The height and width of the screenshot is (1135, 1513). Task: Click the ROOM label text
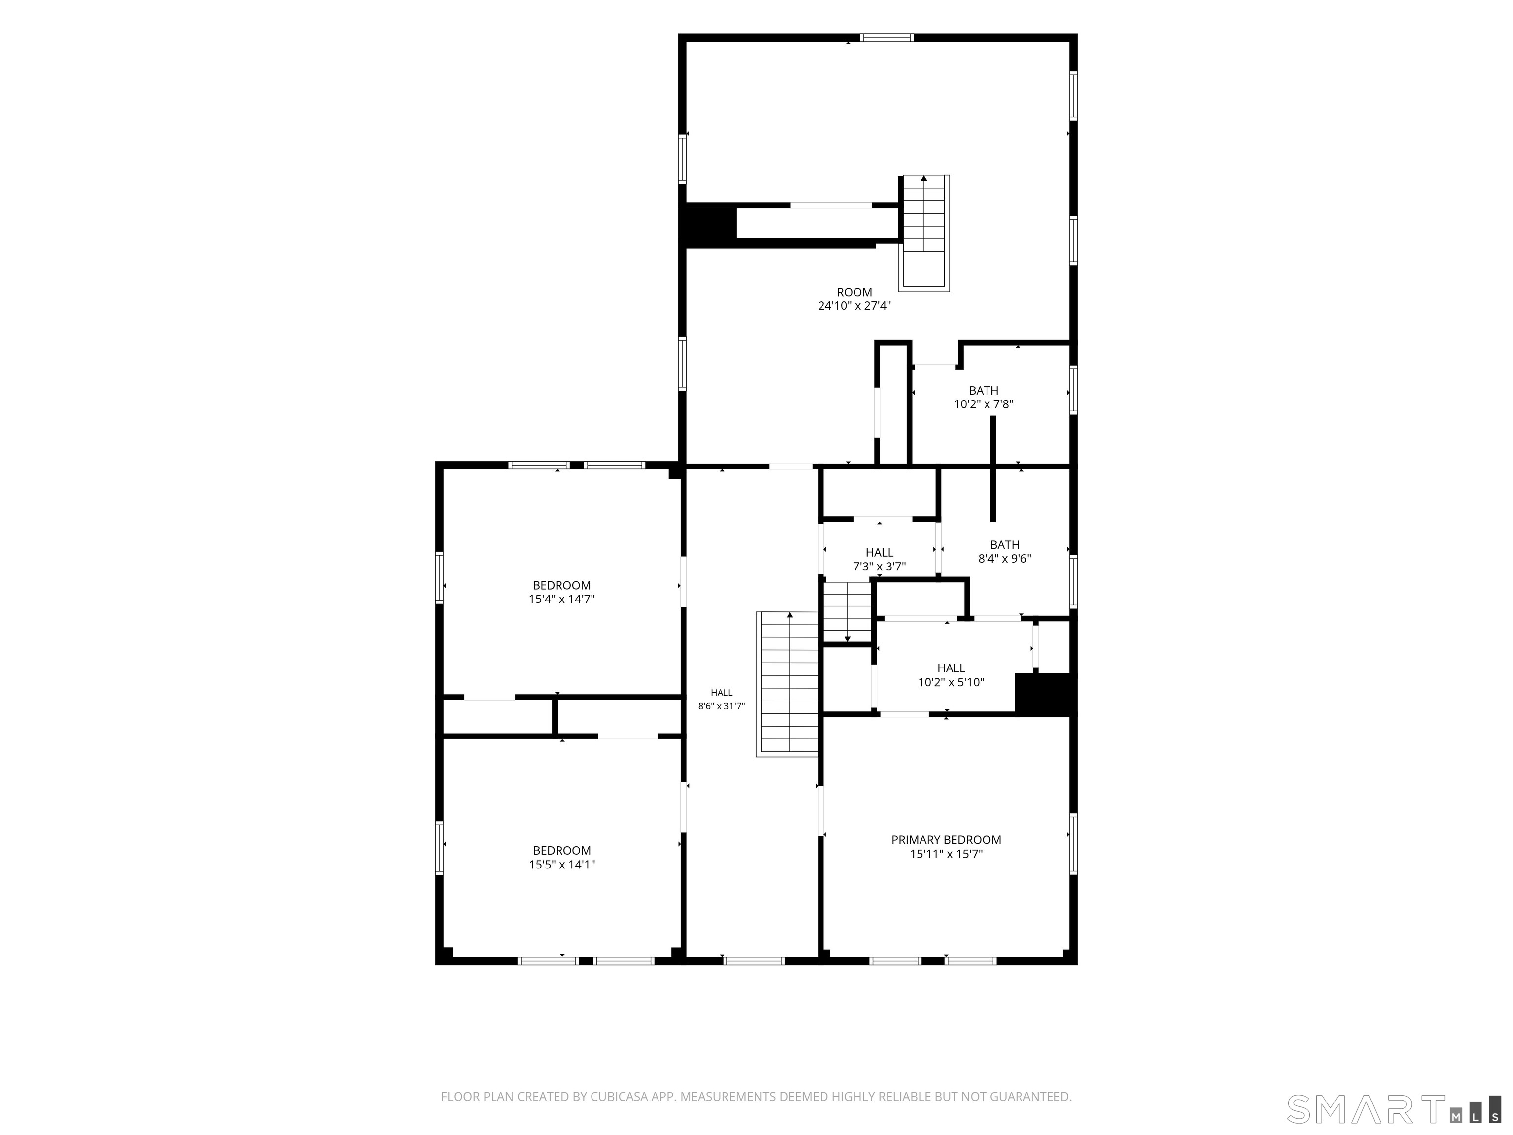(x=855, y=292)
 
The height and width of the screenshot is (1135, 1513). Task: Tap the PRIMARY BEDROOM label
(x=946, y=839)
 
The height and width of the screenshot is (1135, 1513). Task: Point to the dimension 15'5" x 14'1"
(x=561, y=865)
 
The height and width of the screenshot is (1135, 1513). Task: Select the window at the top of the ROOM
(x=887, y=37)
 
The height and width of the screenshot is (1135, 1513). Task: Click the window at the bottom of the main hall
(x=754, y=961)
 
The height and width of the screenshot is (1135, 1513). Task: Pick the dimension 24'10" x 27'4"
(x=855, y=306)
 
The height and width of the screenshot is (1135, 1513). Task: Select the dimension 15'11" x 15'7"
(x=946, y=854)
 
